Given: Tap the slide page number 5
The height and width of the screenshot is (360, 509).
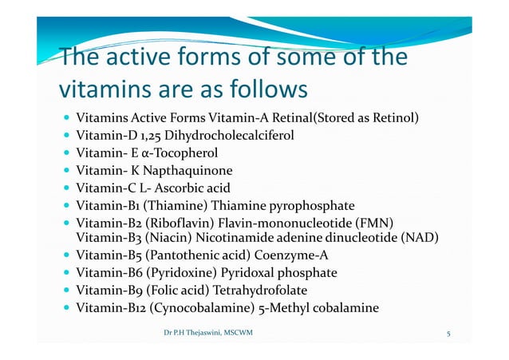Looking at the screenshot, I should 449,334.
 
